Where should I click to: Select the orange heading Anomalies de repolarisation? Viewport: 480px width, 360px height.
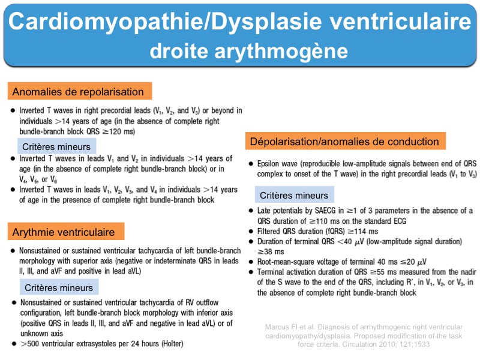[x=77, y=92]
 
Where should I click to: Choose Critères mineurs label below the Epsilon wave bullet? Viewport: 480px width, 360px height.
[x=293, y=196]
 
